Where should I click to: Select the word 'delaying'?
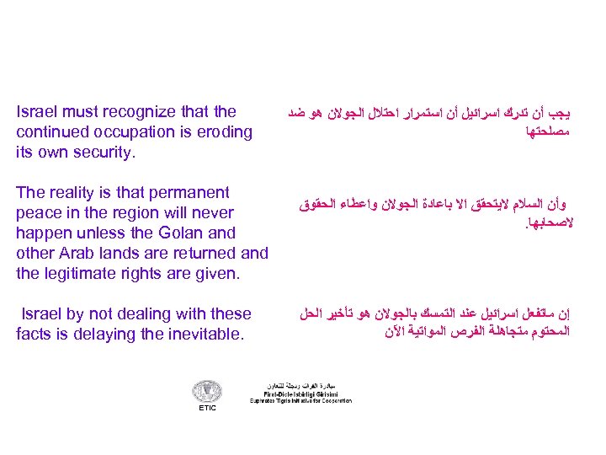click(127, 335)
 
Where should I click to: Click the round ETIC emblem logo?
click(207, 391)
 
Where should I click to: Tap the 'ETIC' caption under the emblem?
click(207, 408)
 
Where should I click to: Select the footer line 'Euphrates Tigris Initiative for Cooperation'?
click(300, 400)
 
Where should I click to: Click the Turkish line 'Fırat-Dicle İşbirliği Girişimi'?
click(300, 393)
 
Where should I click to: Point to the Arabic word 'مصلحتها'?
click(548, 132)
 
